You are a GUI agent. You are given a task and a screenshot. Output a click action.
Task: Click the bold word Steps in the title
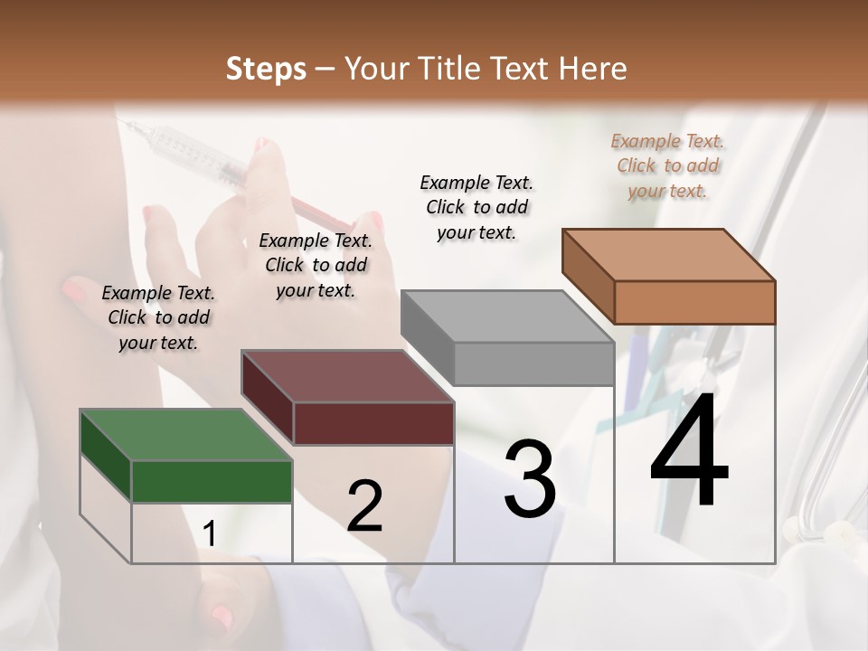point(266,69)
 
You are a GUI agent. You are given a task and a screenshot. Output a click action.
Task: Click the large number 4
point(689,452)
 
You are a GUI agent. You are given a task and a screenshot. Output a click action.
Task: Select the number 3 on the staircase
point(529,480)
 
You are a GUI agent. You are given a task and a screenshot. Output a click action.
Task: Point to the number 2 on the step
point(364,505)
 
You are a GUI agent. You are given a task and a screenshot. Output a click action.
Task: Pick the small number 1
point(209,534)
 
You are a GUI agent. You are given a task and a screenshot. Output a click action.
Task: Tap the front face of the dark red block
point(373,423)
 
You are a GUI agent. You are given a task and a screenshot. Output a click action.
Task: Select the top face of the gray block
point(507,316)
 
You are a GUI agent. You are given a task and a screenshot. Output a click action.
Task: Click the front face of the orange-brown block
point(694,302)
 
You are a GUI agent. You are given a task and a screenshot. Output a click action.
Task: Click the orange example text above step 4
point(667,165)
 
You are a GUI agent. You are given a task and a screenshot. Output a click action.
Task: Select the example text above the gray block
point(476,207)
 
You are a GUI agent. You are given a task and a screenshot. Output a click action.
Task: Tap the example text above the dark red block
point(316,265)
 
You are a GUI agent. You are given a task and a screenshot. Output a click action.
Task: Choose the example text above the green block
point(158,317)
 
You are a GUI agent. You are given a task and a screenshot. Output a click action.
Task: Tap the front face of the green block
point(212,481)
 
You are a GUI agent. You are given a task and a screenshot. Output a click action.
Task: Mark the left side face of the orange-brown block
point(588,276)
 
